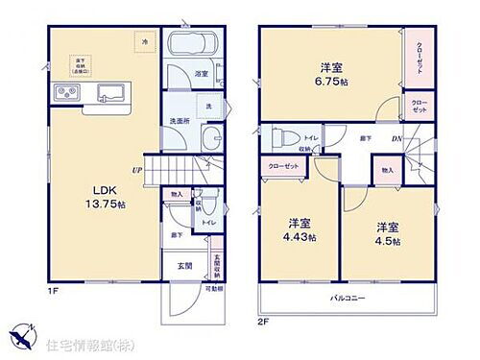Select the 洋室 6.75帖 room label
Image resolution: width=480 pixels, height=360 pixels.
tap(334, 75)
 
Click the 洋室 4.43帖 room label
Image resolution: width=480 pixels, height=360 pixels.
tap(300, 230)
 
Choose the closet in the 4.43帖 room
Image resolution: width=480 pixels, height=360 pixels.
tap(282, 165)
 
